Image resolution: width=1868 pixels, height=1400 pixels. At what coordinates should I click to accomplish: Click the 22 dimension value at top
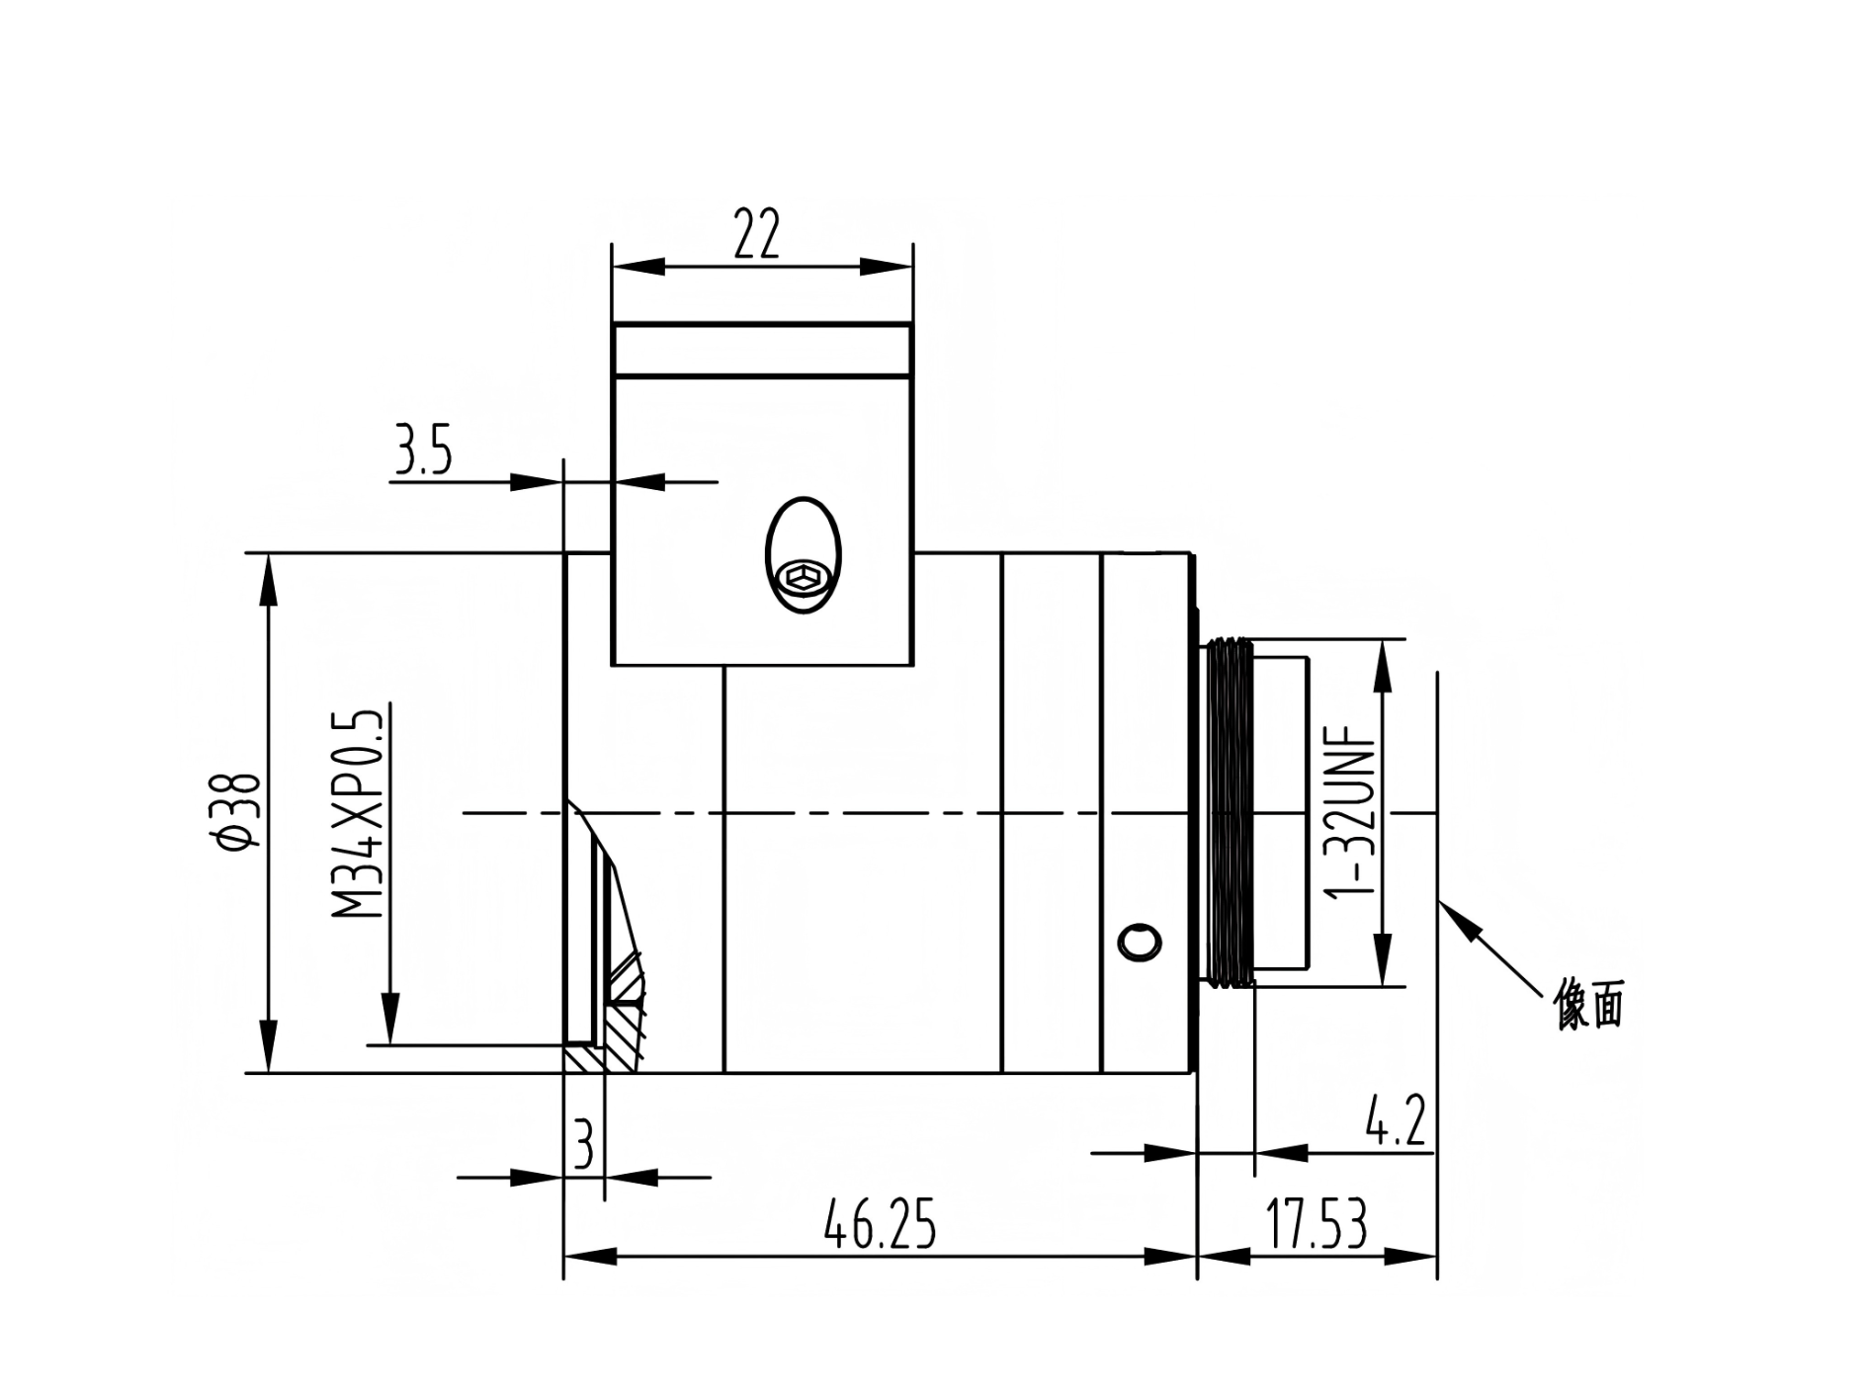[757, 233]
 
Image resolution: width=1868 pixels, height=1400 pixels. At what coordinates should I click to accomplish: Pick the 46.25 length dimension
[879, 1224]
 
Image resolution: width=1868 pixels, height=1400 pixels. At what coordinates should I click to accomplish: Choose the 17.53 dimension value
[1317, 1224]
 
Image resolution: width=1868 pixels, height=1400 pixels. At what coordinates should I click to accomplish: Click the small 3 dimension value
[584, 1145]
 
